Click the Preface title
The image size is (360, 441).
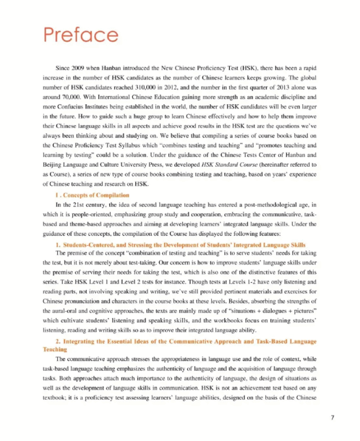(x=81, y=35)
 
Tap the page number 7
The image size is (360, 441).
(x=332, y=417)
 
